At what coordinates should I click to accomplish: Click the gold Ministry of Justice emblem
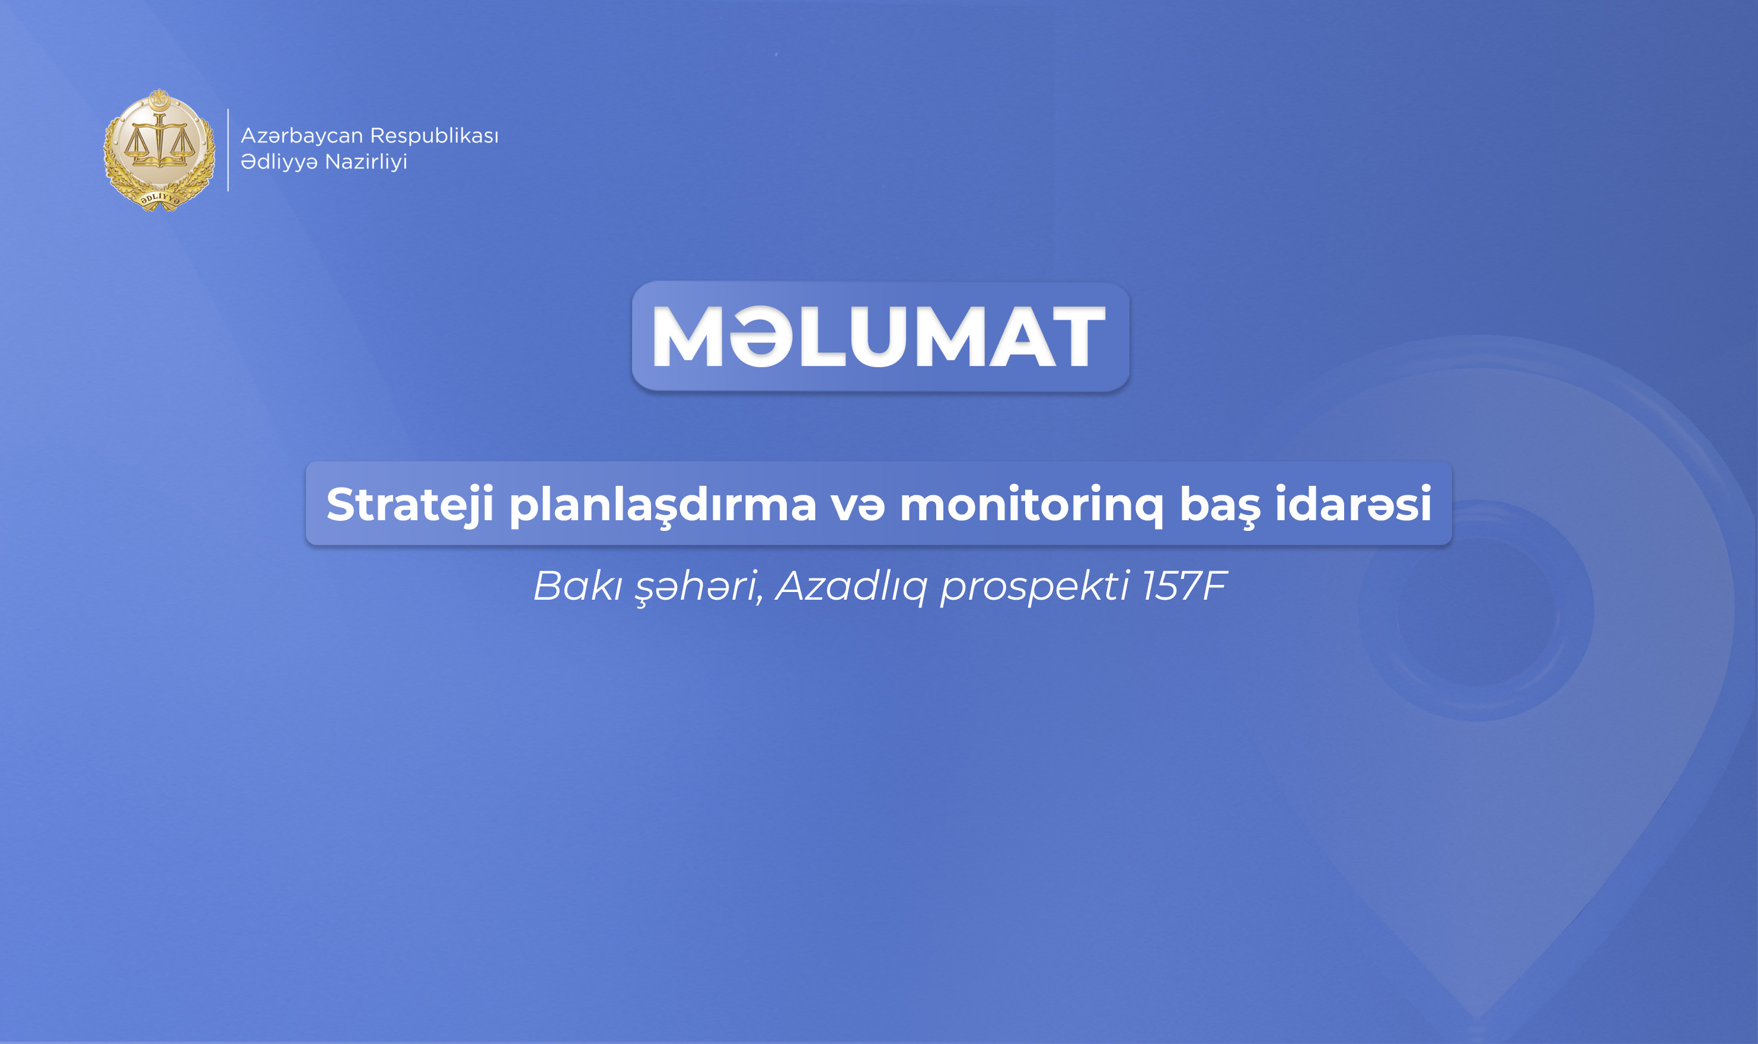point(159,150)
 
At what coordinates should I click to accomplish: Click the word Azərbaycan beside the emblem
point(302,136)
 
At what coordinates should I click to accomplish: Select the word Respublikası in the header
point(434,136)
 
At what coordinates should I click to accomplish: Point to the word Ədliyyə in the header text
point(279,162)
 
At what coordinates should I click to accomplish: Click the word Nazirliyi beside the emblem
point(366,162)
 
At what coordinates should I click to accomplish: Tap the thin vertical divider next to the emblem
point(228,150)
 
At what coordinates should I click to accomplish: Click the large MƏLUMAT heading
point(880,336)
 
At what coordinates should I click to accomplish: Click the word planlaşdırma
point(662,506)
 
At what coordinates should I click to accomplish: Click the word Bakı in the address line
point(578,585)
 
